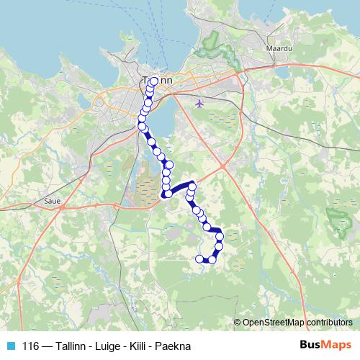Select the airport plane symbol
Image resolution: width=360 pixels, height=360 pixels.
pyautogui.click(x=199, y=103)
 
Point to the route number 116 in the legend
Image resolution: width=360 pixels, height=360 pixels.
pyautogui.click(x=31, y=346)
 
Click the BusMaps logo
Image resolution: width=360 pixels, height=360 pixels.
pyautogui.click(x=325, y=345)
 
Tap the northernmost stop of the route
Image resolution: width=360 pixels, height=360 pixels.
pyautogui.click(x=154, y=81)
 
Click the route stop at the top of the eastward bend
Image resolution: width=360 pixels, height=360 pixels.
pyautogui.click(x=192, y=184)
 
